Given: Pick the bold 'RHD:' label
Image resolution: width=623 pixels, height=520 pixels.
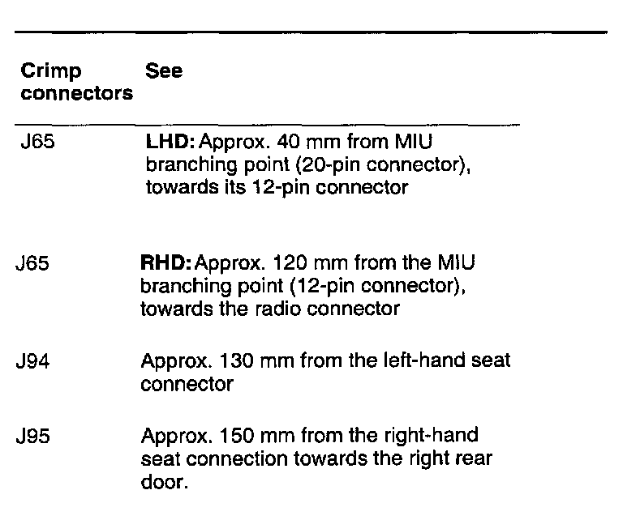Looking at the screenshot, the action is click(x=167, y=265).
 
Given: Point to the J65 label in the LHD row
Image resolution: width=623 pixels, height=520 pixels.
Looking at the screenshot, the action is click(x=37, y=143).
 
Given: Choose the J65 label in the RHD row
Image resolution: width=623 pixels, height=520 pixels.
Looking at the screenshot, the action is click(x=33, y=265).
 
